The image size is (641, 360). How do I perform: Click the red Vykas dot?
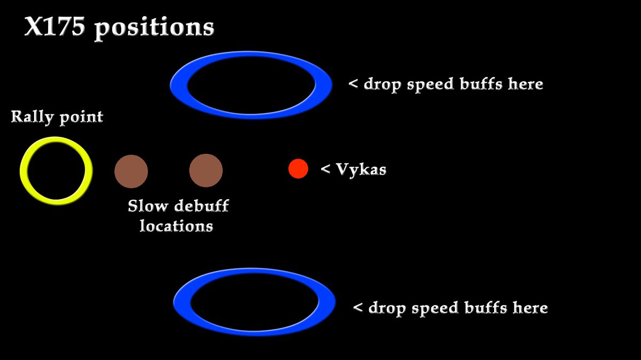(x=298, y=169)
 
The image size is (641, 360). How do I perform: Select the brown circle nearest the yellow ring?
(x=131, y=171)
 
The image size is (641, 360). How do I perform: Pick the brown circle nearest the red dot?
(x=206, y=171)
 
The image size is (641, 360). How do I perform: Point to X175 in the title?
(x=54, y=27)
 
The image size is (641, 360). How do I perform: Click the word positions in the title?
(x=154, y=28)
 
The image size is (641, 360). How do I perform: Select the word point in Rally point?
(x=81, y=118)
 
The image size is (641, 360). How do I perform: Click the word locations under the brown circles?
(x=176, y=225)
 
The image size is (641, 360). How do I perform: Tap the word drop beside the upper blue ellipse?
(x=382, y=84)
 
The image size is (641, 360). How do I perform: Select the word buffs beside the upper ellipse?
(x=483, y=84)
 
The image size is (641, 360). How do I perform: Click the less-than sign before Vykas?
(x=325, y=170)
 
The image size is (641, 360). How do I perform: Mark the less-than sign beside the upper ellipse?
(x=353, y=84)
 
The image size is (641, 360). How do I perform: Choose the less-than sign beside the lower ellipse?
(x=358, y=308)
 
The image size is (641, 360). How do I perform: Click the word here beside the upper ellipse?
(x=525, y=84)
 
